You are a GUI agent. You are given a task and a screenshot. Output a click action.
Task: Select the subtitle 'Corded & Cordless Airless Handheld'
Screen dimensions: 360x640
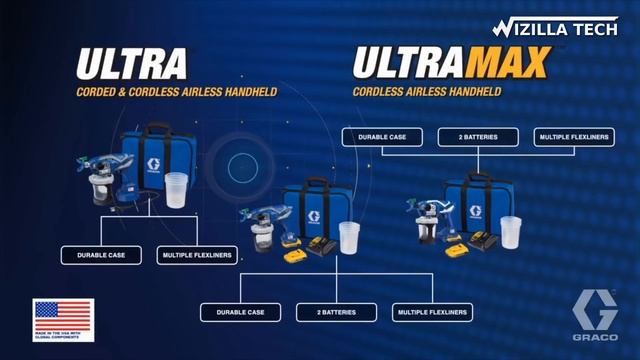[x=176, y=92]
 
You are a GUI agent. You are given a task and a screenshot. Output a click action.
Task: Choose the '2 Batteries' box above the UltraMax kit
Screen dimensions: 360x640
[x=474, y=136]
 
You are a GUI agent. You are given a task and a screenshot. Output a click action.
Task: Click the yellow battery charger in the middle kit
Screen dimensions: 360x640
[x=322, y=245]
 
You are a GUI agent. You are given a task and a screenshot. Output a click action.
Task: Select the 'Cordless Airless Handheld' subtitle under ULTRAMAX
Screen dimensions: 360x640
[x=427, y=92]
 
